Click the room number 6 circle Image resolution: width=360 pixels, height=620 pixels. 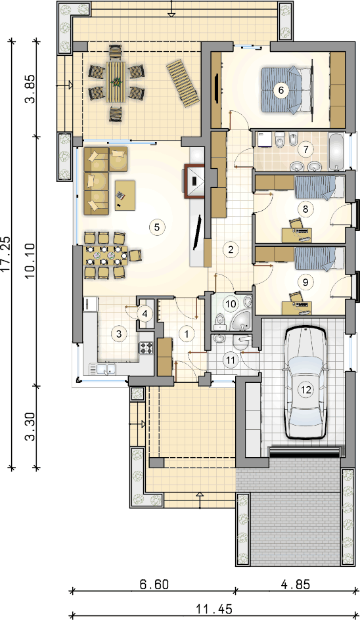tap(281, 90)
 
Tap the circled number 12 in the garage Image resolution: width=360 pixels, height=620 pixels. tap(306, 390)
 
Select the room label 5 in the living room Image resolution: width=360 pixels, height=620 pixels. tap(156, 227)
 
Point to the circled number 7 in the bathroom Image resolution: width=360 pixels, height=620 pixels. tap(305, 150)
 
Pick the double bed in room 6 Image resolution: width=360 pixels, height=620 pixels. tap(287, 91)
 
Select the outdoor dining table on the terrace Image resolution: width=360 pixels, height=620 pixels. tap(116, 82)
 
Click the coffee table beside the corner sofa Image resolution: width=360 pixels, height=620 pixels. tap(125, 195)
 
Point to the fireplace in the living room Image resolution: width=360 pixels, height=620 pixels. tap(194, 181)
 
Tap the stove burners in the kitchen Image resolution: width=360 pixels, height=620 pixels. tap(146, 347)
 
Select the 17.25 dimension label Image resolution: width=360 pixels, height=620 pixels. tap(7, 254)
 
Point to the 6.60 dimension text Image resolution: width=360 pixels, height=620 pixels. tap(154, 584)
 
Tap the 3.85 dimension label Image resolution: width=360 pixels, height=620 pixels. tap(32, 89)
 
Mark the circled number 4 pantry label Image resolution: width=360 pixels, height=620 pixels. tap(145, 315)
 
